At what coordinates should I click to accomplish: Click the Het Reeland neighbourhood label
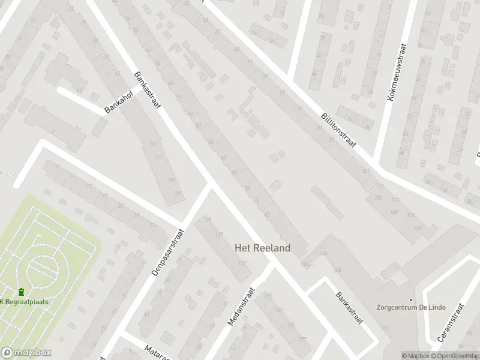[x=262, y=248]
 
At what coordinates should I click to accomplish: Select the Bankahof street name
[x=117, y=101]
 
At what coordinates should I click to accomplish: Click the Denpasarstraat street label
[x=166, y=251]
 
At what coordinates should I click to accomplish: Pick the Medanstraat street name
[x=242, y=306]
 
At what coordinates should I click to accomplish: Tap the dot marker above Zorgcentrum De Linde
[x=411, y=299]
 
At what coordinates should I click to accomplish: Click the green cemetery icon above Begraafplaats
[x=22, y=292]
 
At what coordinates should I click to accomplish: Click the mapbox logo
[x=26, y=353]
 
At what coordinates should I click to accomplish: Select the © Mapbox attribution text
[x=416, y=356]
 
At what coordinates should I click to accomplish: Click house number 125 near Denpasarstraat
[x=208, y=220]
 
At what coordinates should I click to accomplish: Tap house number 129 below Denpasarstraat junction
[x=220, y=234]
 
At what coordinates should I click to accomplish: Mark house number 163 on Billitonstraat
[x=418, y=229]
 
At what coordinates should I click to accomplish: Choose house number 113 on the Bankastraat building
[x=158, y=157]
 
